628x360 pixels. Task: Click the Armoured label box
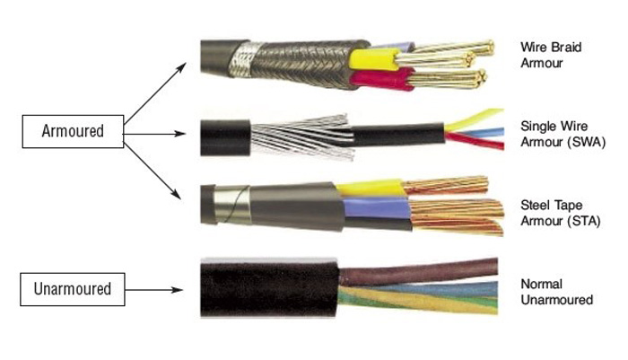(73, 132)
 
